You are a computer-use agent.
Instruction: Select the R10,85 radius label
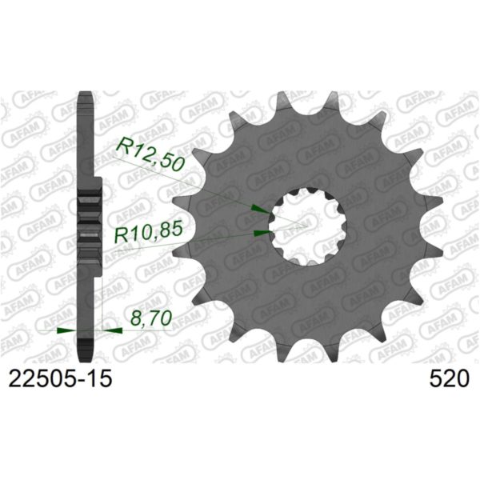pyautogui.click(x=150, y=234)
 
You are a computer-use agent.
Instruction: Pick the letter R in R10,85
pyautogui.click(x=122, y=234)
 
